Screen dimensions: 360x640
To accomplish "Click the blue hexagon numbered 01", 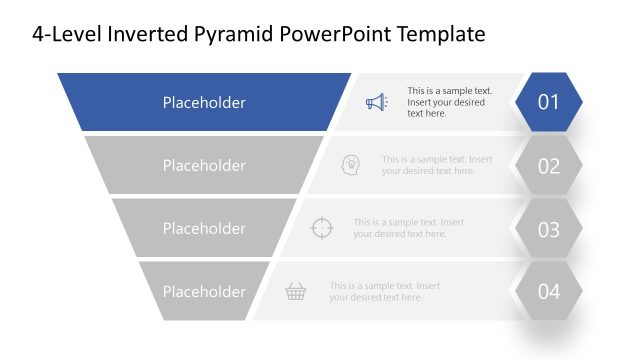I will (549, 102).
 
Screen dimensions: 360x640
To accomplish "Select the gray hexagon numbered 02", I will (549, 166).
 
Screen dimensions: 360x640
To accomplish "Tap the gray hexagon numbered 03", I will (549, 229).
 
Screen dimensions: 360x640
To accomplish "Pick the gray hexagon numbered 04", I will (549, 292).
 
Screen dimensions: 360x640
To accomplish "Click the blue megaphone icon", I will (375, 102).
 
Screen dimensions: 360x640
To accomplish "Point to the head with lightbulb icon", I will (350, 165).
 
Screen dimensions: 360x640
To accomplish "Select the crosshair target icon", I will (321, 228).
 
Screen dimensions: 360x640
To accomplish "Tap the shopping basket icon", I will (296, 291).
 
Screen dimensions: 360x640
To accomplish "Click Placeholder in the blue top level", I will (204, 102).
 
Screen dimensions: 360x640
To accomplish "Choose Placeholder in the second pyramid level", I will (204, 165).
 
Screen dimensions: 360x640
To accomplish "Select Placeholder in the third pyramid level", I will (204, 228).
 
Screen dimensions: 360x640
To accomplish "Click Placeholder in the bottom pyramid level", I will (204, 291).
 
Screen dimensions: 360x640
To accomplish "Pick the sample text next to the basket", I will (385, 291).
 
